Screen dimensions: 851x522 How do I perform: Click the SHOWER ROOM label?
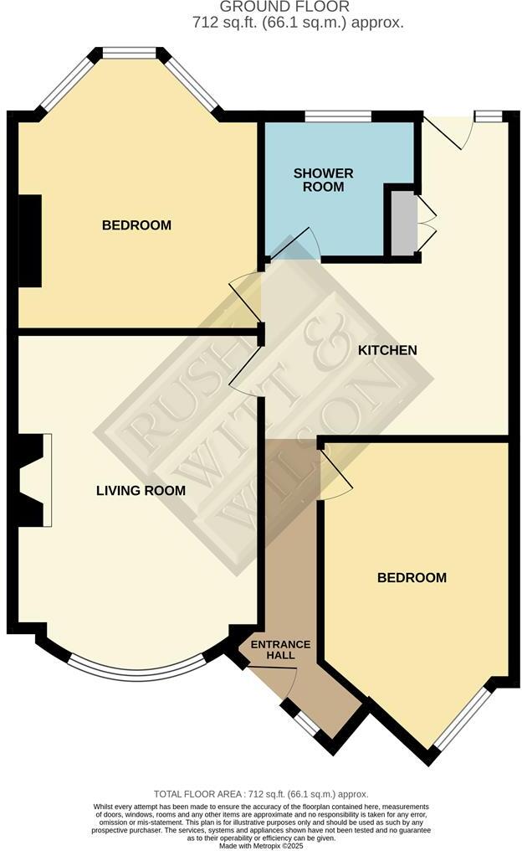(x=323, y=180)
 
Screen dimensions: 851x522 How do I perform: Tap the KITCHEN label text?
(x=386, y=350)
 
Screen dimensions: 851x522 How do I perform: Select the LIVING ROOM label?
(x=141, y=491)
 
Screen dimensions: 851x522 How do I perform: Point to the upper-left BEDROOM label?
(x=136, y=225)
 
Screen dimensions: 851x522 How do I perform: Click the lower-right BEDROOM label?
(x=412, y=578)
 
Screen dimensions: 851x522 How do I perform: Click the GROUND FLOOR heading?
(x=261, y=7)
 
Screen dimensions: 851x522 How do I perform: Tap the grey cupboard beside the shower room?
(x=402, y=223)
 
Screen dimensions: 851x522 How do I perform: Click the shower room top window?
(x=338, y=116)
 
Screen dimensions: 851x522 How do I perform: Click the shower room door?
(x=298, y=241)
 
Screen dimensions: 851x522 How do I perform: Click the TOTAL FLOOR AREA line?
(x=261, y=794)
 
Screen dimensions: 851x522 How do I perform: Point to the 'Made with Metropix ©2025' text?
(x=261, y=845)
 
